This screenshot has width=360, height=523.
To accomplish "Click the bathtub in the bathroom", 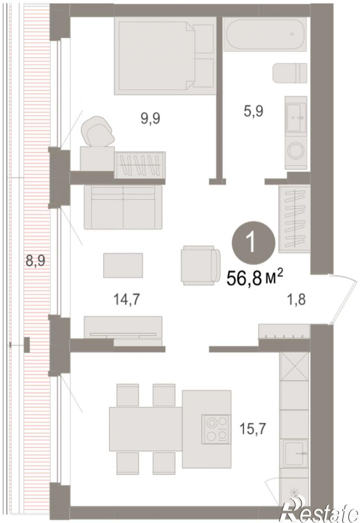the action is point(265,34).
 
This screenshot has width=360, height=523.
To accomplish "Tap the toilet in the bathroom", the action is point(289,73).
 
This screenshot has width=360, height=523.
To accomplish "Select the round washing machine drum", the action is point(296,151).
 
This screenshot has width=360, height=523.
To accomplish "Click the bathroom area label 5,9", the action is point(254,111).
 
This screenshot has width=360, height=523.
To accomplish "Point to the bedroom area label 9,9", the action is point(150,118).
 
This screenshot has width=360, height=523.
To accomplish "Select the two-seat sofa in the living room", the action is point(123,207).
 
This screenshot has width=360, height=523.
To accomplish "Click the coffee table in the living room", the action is point(123,265).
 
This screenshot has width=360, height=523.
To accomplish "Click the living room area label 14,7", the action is point(126,300).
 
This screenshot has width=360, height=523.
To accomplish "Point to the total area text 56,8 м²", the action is point(255,278).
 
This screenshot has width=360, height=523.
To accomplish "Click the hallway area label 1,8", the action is point(296,299).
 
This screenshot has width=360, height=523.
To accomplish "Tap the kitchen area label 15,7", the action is point(253,429).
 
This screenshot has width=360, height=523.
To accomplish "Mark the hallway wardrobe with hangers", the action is point(294,219).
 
